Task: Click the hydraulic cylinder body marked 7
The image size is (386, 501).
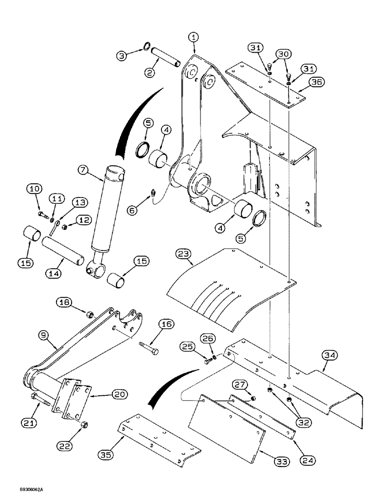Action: coord(108,205)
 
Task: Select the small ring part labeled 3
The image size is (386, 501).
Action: coord(145,47)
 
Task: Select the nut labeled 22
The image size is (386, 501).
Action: coord(84,425)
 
